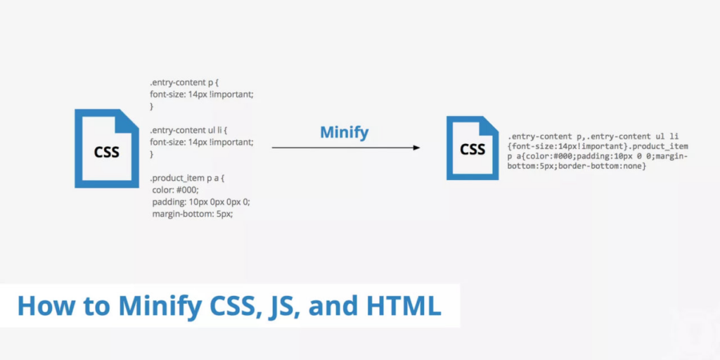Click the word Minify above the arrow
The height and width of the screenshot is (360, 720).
coord(345,132)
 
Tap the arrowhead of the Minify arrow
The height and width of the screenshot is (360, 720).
coord(416,148)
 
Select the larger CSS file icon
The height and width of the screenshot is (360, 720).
coord(107,148)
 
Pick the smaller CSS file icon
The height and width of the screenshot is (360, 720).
coord(472,148)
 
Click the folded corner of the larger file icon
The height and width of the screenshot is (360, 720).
coord(129,118)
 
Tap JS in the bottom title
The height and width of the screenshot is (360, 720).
coord(283,307)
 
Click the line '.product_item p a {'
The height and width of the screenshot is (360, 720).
coord(186,178)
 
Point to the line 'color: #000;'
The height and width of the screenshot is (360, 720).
coord(175,190)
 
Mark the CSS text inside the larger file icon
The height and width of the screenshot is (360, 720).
coord(107,152)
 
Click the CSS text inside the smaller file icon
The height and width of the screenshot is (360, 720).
coord(472,149)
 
